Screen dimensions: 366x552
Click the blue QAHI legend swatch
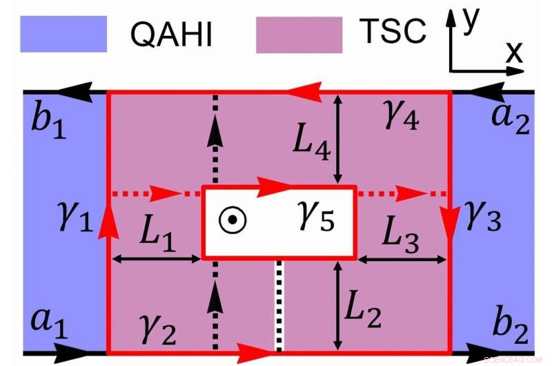[63, 34]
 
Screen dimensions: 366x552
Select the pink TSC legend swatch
[299, 35]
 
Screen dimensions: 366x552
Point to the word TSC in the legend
[393, 32]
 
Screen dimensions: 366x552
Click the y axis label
[471, 21]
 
